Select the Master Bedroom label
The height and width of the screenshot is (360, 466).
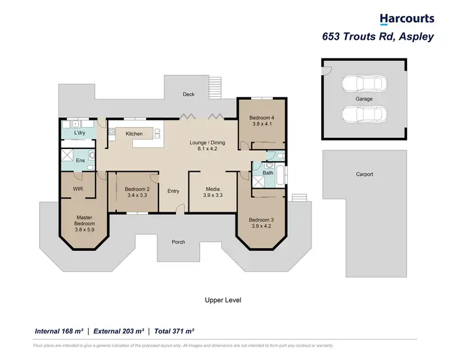coord(84,220)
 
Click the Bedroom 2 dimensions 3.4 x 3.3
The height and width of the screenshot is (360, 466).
coord(137,195)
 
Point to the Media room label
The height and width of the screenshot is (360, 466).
coord(212,189)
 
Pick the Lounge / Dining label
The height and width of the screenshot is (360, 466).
coord(207,143)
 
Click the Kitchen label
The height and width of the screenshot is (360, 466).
coord(134,133)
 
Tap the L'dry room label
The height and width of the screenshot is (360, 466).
coord(79,133)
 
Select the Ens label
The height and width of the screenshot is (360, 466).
coord(80,161)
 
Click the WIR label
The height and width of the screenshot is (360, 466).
coord(78,189)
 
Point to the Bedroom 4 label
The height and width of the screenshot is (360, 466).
coord(261,118)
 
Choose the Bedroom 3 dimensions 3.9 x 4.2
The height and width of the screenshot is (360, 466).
coord(261,226)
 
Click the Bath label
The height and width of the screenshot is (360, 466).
coord(268,173)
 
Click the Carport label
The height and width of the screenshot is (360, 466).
coord(364,174)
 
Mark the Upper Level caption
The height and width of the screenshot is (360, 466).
coord(222,300)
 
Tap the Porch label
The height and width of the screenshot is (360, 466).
coord(178,241)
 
